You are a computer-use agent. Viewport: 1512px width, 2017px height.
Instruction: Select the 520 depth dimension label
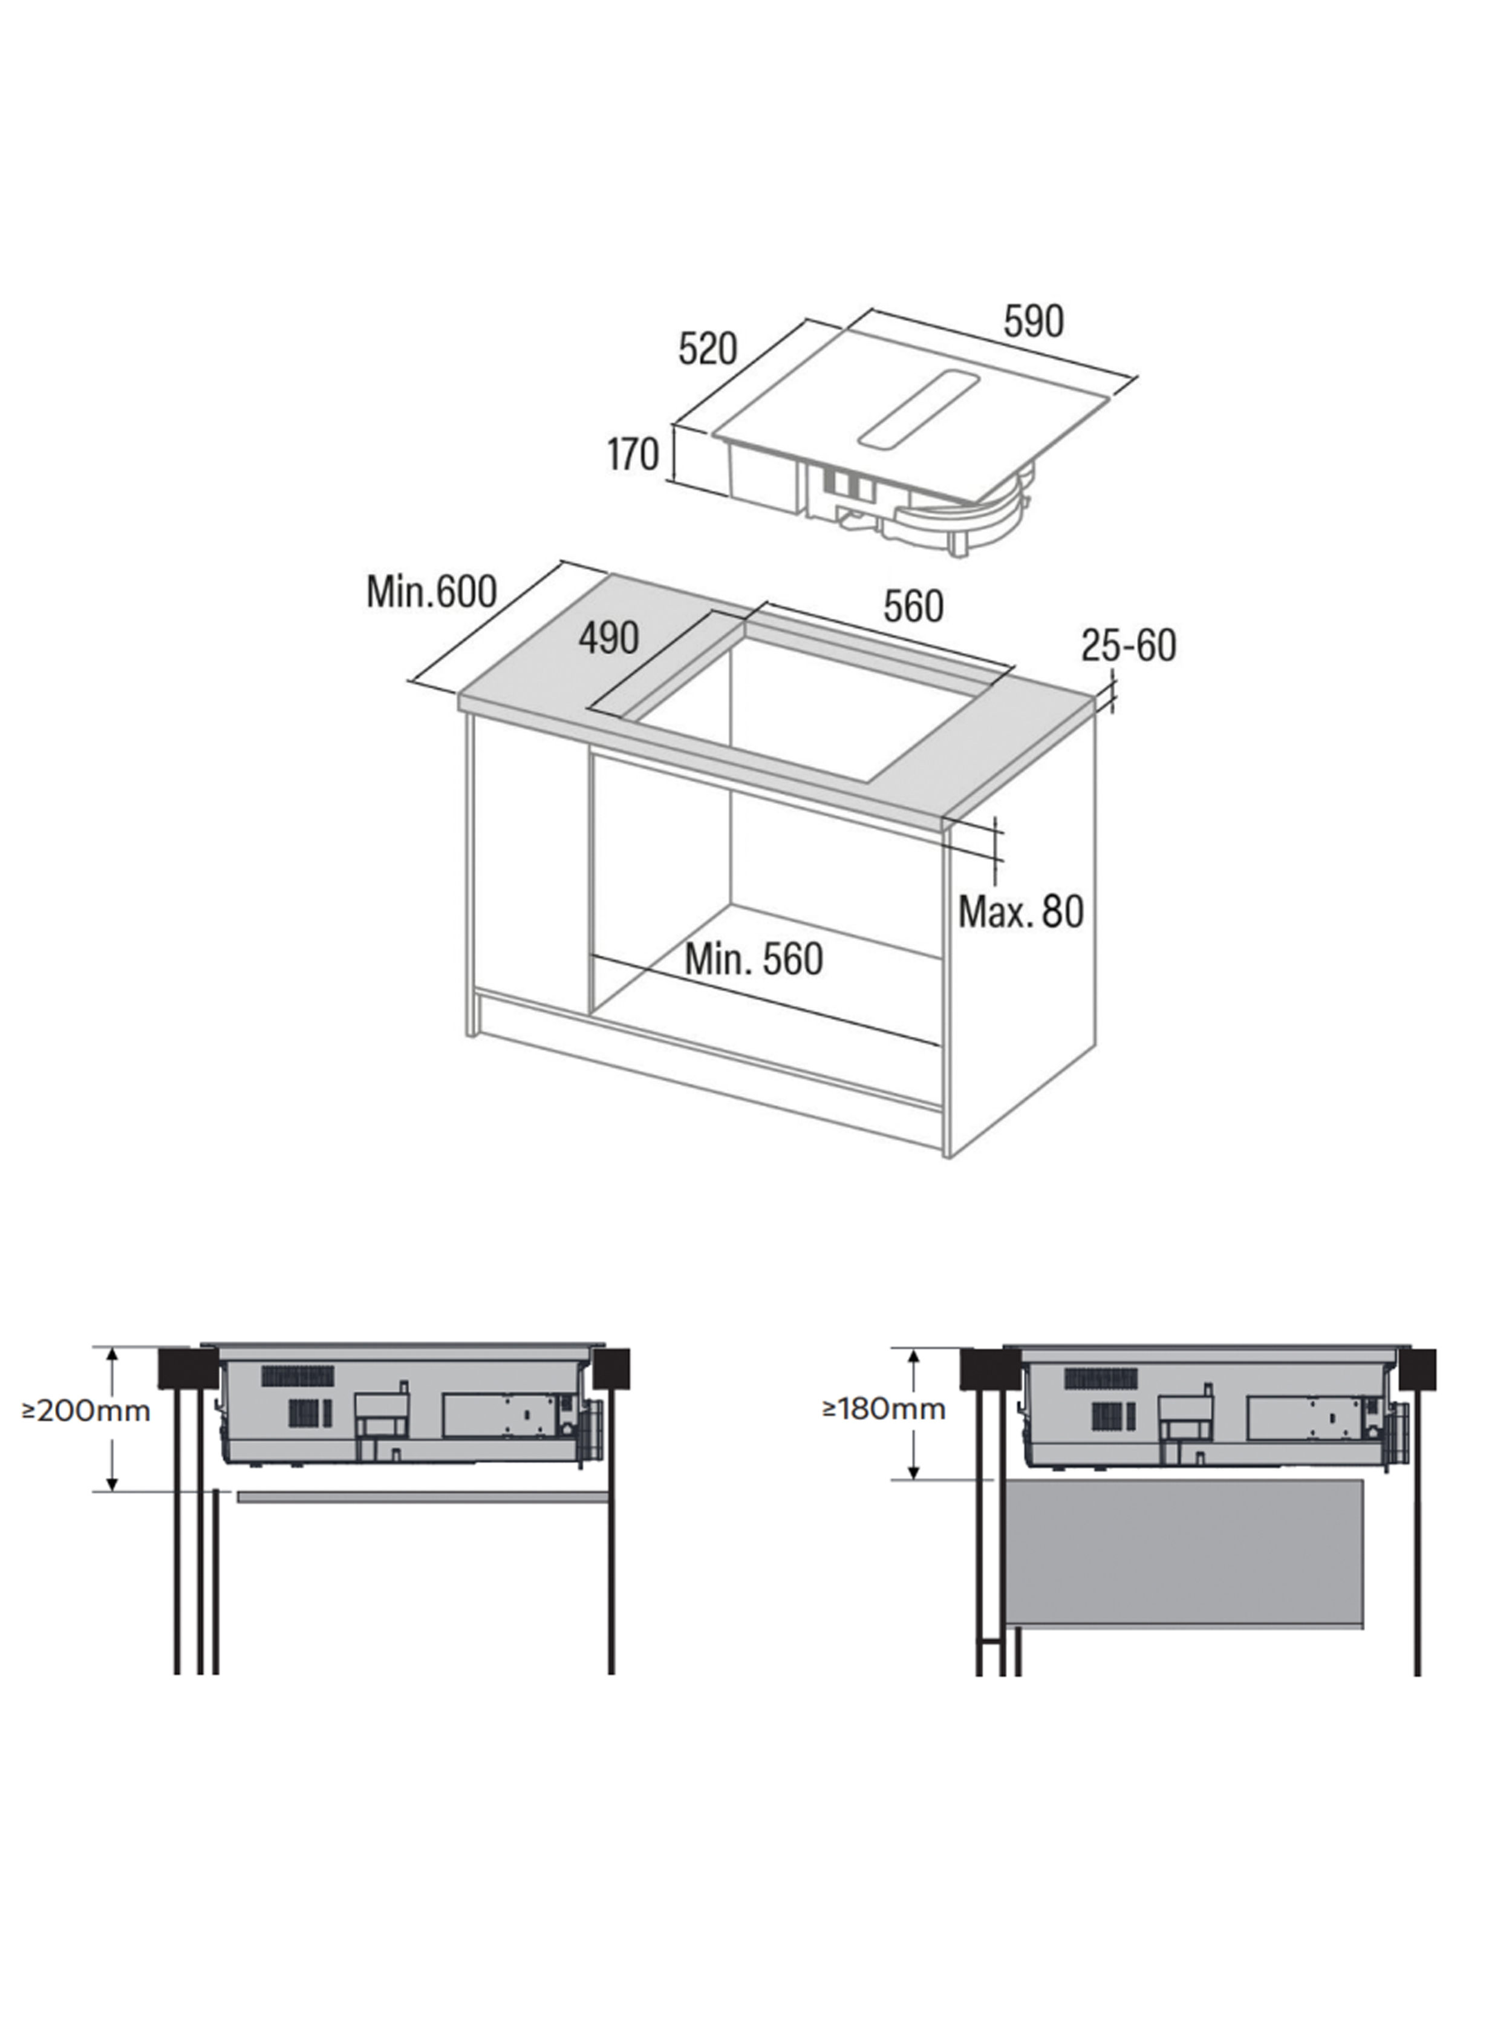(707, 349)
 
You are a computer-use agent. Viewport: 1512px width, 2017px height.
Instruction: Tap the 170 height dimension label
(633, 453)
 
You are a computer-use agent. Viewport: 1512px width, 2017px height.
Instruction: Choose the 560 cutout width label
(913, 606)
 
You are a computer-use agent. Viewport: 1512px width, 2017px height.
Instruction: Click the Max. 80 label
(1021, 911)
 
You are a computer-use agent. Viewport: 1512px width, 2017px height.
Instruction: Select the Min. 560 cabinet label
(754, 959)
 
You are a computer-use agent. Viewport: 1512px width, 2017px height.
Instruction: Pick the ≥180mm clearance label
(883, 1409)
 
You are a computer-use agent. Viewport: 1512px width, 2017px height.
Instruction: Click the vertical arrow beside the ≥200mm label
(112, 1419)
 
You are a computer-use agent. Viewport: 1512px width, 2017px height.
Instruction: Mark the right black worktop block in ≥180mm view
(1417, 1369)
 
